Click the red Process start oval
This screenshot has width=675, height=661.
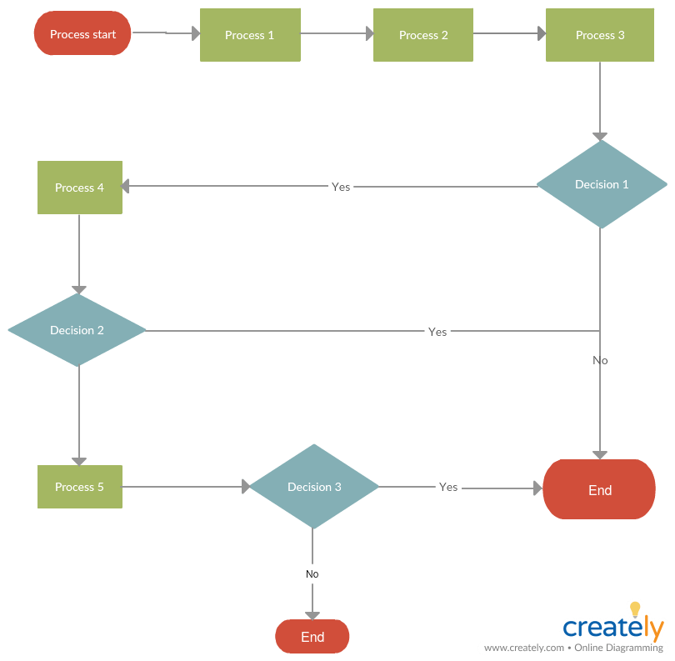[82, 34]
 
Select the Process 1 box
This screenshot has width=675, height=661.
[250, 35]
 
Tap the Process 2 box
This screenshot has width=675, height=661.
[423, 35]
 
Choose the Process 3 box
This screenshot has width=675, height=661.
[600, 35]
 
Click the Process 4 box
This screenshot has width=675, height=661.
[80, 188]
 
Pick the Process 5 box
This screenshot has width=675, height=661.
[80, 487]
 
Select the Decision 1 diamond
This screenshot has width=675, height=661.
[602, 184]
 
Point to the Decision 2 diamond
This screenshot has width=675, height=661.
[77, 330]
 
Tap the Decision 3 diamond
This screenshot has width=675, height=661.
[314, 487]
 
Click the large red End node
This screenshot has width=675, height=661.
[599, 490]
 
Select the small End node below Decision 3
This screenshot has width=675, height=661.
[312, 637]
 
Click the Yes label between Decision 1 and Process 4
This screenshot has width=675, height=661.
[341, 187]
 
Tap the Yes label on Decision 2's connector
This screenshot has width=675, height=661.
[437, 332]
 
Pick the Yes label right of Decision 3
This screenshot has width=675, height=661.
[448, 487]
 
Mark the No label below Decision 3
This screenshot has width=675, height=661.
[312, 574]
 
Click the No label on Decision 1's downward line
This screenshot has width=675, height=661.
[600, 361]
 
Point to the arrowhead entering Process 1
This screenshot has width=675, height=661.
[196, 34]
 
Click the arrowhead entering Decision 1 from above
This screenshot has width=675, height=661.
[600, 137]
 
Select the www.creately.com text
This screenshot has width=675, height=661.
[523, 648]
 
